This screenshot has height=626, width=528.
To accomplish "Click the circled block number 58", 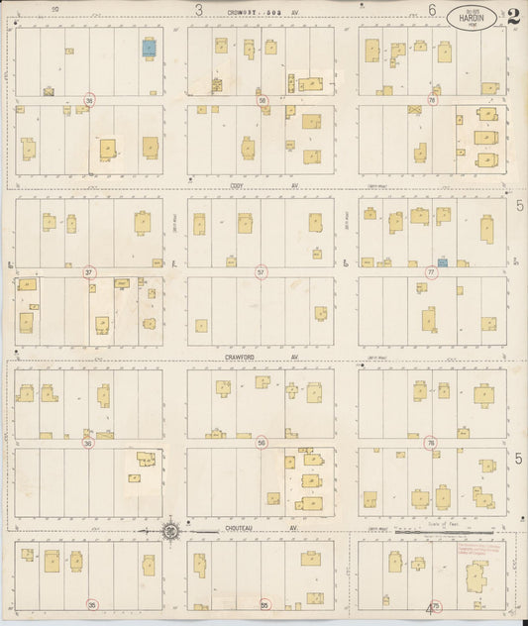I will (263, 100).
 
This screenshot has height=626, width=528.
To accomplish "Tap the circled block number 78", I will (432, 100).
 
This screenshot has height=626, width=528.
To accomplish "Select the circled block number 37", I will (90, 271).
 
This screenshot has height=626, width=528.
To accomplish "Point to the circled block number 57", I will (262, 271).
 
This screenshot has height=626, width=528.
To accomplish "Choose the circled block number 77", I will (432, 271).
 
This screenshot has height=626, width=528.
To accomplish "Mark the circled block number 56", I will (262, 443).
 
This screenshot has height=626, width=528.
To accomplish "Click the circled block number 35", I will (92, 603).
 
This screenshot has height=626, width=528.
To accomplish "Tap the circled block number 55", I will (264, 603).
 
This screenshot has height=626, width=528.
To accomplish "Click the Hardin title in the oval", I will (475, 16).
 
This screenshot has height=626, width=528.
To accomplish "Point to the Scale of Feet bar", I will (446, 533).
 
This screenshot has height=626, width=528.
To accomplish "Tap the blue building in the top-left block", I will (149, 46).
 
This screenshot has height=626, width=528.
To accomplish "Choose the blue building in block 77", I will (443, 262).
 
